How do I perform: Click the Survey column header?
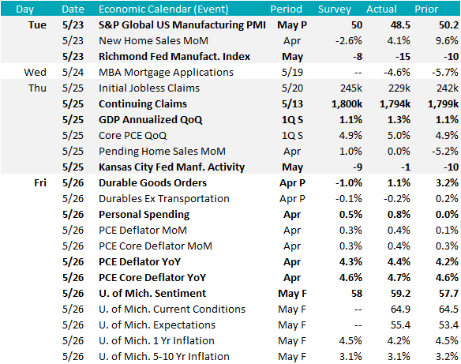pos(335,9)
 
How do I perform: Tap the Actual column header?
pos(381,9)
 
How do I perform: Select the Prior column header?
pos(426,9)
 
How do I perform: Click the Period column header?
pos(286,9)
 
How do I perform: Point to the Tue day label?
pos(37,25)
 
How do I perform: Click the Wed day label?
pos(35,73)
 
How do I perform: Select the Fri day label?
pos(40,183)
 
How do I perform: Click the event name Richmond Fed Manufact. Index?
pos(174,56)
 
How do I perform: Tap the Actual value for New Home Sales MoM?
pos(399,40)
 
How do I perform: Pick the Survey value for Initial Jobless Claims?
pos(351,88)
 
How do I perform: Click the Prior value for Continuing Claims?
pos(443,104)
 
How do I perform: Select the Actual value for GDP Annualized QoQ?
pos(399,120)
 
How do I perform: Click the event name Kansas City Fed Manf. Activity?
pos(172,167)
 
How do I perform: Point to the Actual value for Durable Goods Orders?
pos(399,183)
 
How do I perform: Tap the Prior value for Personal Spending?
pos(447,214)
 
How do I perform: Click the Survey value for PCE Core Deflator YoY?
pos(350,278)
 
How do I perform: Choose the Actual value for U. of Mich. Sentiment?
pos(400,294)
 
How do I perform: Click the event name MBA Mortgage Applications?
pos(166,73)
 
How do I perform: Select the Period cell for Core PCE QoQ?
pos(292,136)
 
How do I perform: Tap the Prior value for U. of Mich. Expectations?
pos(448,325)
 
